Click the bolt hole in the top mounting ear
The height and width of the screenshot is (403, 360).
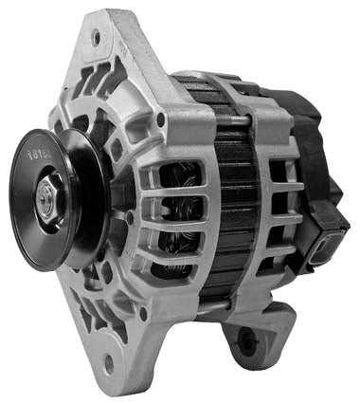click(96, 39)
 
